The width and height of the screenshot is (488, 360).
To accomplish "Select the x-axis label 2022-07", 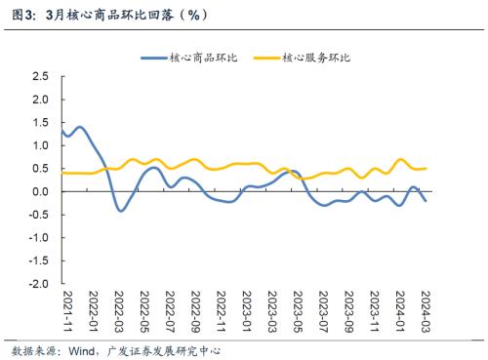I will coord(172,310).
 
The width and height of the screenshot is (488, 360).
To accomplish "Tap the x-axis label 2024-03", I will coord(426,310).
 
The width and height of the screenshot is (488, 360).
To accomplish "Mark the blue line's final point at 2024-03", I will coord(426,201).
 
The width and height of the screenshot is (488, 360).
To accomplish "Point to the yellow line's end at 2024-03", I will coord(426,168).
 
